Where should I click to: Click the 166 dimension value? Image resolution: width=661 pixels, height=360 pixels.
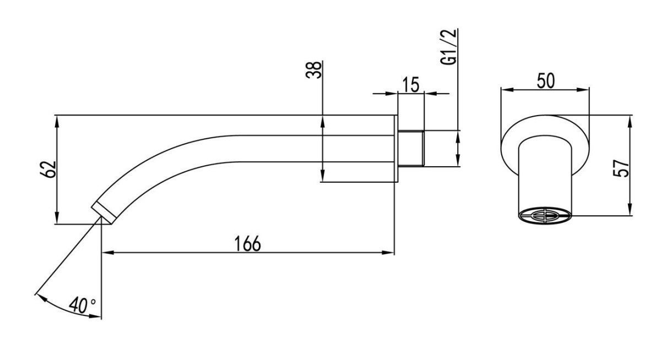coord(247,244)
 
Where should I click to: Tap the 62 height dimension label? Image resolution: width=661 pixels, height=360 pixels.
coord(48,169)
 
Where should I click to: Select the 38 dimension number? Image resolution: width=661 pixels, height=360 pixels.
coord(313,70)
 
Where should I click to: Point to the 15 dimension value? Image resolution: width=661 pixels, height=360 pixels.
coord(411,85)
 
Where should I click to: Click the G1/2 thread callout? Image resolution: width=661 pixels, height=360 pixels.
coord(448,47)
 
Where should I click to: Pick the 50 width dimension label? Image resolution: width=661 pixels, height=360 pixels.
coord(546,81)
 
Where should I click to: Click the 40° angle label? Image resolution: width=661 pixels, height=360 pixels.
coord(83,305)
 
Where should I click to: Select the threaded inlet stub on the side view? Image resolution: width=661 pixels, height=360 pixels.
coord(411,148)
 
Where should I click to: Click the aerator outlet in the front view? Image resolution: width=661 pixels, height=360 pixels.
coord(545,216)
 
